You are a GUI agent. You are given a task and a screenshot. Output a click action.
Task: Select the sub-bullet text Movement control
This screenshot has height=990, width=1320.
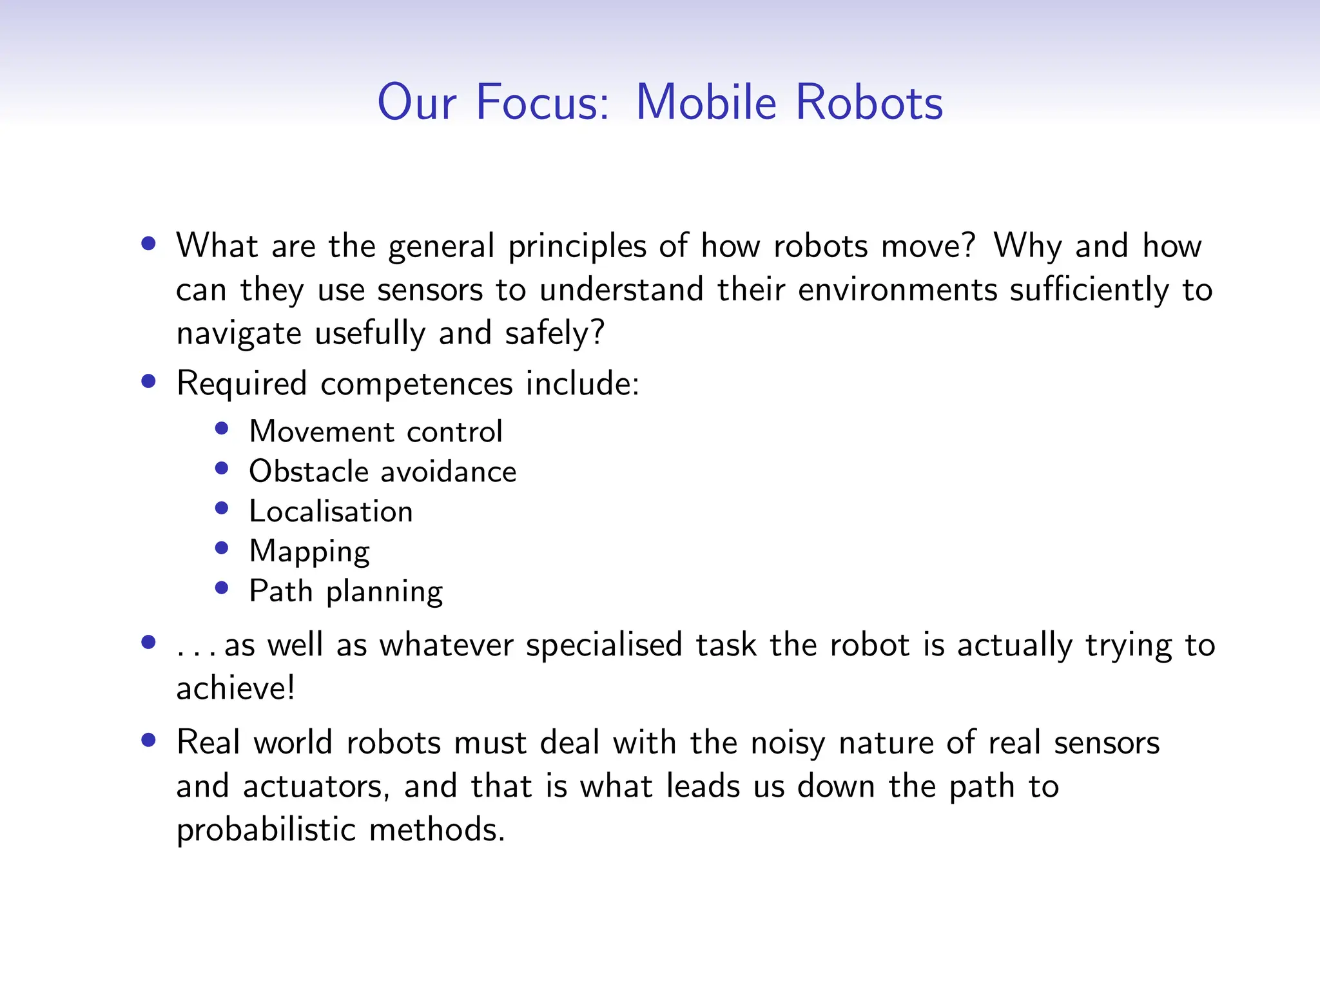click(375, 431)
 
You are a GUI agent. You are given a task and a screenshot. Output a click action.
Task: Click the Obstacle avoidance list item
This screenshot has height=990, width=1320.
click(382, 471)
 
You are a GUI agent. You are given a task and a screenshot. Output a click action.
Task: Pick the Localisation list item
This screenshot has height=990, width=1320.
click(331, 511)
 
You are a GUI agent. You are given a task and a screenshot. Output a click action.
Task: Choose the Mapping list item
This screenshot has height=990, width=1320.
click(309, 552)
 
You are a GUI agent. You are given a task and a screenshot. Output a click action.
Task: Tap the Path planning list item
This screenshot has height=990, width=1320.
click(345, 591)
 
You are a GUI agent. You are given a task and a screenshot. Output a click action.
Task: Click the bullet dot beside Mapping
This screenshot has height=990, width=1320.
click(222, 548)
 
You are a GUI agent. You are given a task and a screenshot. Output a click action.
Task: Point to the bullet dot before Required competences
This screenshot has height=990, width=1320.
click(149, 381)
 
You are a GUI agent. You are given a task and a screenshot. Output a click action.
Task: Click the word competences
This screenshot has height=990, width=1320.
click(416, 384)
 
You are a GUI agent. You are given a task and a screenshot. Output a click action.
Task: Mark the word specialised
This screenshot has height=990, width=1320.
click(603, 645)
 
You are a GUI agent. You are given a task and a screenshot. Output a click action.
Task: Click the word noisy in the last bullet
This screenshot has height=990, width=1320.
click(787, 743)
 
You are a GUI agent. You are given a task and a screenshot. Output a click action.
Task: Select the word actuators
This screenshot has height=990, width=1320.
click(316, 787)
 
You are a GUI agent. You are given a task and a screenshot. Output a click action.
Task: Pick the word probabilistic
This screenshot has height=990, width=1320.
click(266, 830)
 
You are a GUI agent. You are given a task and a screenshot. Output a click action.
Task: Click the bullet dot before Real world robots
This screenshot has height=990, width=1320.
click(149, 740)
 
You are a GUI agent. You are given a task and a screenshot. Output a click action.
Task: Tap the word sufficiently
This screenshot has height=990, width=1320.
click(1089, 289)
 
